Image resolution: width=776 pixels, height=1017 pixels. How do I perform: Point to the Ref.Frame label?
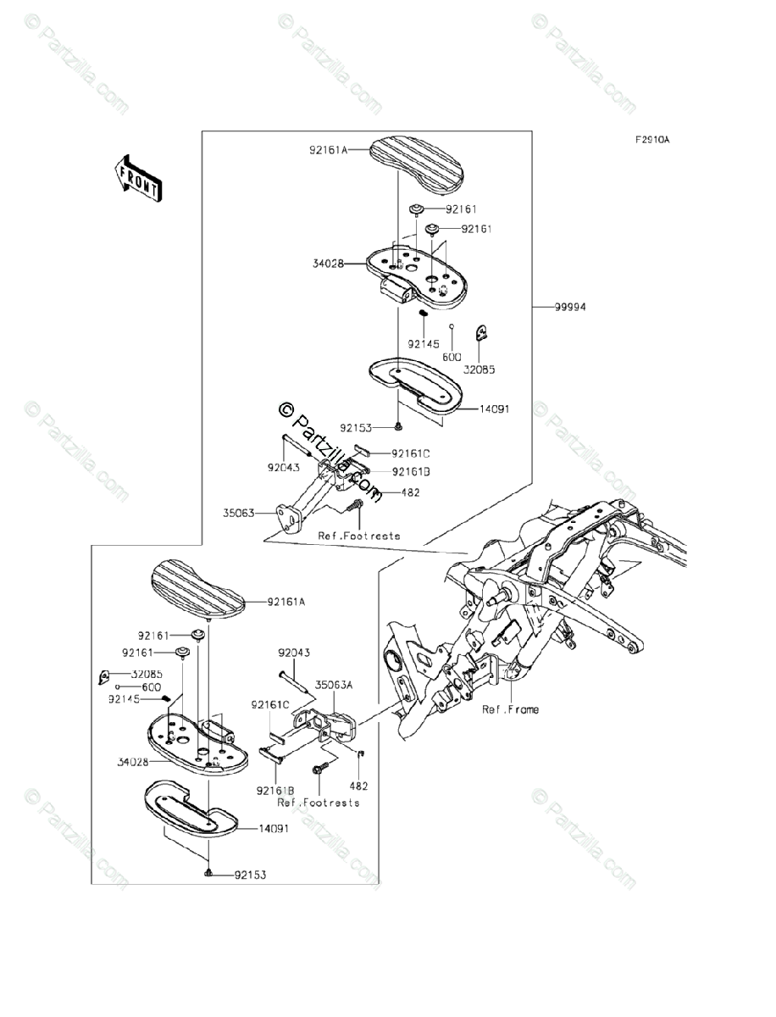click(510, 709)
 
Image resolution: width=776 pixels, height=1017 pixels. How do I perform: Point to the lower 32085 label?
click(146, 674)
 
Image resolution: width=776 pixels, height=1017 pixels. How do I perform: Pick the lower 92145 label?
click(125, 700)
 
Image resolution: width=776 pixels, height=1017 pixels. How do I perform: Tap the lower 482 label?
click(365, 786)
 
